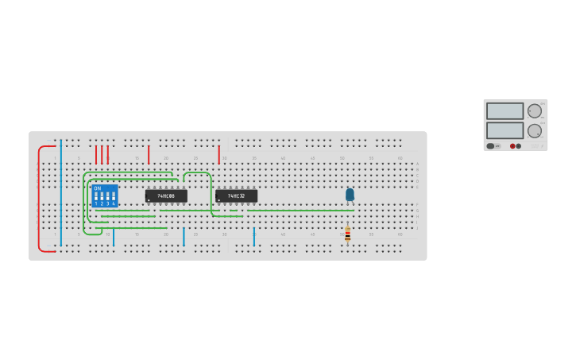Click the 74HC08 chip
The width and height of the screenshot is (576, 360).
166,195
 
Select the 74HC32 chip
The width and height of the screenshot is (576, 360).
236,195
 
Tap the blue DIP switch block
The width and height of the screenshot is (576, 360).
104,195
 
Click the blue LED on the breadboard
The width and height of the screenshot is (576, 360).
350,194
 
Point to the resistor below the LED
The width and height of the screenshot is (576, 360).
347,234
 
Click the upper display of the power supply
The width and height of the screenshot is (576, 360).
504,111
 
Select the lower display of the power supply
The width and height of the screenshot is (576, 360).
504,130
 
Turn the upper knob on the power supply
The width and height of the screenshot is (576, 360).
535,111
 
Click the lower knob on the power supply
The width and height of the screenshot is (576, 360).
535,130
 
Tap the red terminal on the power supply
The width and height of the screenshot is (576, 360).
512,146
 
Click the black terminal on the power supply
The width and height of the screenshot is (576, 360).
519,146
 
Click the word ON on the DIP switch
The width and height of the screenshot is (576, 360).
97,188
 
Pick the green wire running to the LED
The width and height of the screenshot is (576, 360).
302,211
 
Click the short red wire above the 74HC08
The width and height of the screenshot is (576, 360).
149,154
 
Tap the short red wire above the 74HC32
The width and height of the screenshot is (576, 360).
218,154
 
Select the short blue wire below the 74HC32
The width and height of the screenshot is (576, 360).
254,237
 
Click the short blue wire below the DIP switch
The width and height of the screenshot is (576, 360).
114,237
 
